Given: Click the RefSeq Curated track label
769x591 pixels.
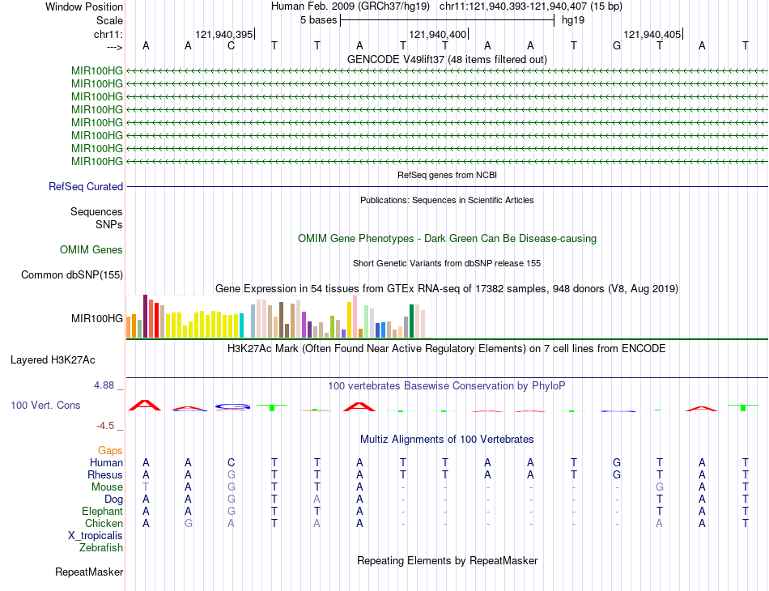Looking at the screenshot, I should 86,187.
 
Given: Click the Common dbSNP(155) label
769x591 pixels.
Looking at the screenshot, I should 72,275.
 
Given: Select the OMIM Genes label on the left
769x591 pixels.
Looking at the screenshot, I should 91,250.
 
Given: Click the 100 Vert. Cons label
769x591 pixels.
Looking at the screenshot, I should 45,405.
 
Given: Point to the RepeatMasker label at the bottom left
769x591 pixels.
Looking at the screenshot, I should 89,572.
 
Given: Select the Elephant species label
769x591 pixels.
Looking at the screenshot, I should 102,512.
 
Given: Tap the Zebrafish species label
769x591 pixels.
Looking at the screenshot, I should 101,548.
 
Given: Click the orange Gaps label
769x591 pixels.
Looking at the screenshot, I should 110,450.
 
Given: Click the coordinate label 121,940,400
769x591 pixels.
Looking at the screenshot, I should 438,34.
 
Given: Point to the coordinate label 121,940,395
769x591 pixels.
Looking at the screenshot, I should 224,34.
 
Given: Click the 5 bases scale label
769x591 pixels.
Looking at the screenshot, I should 319,19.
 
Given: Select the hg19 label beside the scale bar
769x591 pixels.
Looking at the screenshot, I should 573,19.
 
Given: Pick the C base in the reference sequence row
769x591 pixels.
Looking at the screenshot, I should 231,46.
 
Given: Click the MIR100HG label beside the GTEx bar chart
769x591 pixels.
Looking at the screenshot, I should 97,319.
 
